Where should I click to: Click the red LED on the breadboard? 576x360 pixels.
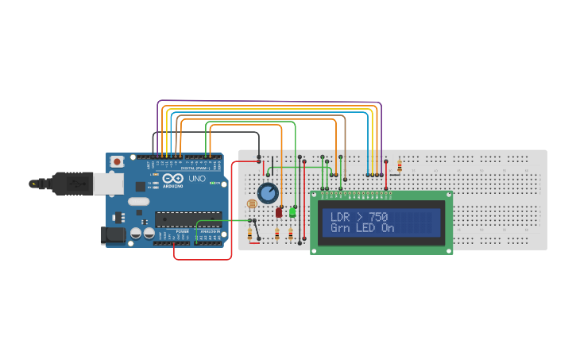pos(279,212)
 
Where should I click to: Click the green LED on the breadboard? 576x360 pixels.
pos(292,212)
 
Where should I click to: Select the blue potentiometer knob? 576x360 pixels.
pos(268,193)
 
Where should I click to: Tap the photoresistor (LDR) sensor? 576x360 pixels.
pos(252,204)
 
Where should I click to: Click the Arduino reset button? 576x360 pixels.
pos(118,161)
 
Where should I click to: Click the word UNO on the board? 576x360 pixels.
pos(196,179)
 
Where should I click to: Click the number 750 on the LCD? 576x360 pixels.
pos(377,216)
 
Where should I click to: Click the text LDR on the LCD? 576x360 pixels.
pos(340,216)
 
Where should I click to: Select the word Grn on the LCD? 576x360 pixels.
pos(340,228)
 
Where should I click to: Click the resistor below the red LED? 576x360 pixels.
pos(276,234)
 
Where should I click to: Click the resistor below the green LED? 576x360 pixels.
pos(290,234)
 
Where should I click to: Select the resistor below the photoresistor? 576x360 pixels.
pos(253,234)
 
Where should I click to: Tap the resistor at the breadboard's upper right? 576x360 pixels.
pos(400,166)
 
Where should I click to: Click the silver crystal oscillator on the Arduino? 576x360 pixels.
pos(137,201)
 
